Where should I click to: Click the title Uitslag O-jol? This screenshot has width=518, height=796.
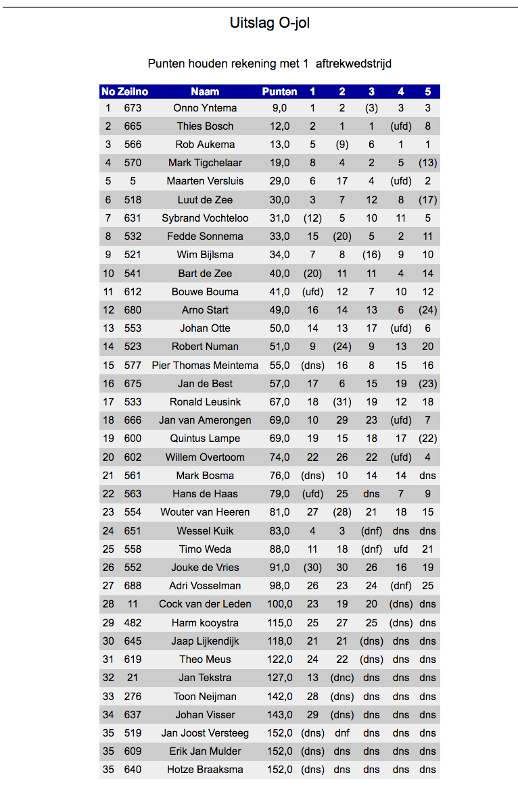coord(270,24)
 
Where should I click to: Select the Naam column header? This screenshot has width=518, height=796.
coord(205,92)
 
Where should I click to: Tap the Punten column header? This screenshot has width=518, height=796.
coord(279,92)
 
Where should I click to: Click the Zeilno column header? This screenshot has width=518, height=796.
coord(133,92)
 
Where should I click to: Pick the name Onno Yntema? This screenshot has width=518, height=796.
coord(205,108)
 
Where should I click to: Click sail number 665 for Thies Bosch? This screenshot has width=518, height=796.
coord(133,126)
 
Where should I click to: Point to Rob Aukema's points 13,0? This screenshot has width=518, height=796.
coord(279,145)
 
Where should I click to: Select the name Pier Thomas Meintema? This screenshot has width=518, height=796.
coord(205,366)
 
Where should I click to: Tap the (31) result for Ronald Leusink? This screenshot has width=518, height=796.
coord(342,402)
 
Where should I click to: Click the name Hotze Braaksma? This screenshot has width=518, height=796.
coord(205,770)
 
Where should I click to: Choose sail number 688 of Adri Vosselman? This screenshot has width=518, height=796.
coord(133,586)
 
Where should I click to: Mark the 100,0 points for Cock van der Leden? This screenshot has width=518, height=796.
coord(279,604)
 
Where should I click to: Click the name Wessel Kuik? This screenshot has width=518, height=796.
coord(205,531)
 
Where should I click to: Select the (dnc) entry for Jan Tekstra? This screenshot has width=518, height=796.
coord(342,678)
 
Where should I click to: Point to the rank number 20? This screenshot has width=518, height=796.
coord(108,457)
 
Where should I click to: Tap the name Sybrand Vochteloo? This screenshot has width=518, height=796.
coord(205,218)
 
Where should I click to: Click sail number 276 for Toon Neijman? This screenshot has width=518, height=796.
coord(133,696)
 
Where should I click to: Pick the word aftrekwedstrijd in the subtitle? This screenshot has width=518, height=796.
coord(354,64)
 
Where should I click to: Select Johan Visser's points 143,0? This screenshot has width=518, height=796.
coord(279,714)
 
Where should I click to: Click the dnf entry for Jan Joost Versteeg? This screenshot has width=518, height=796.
coord(342,733)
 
